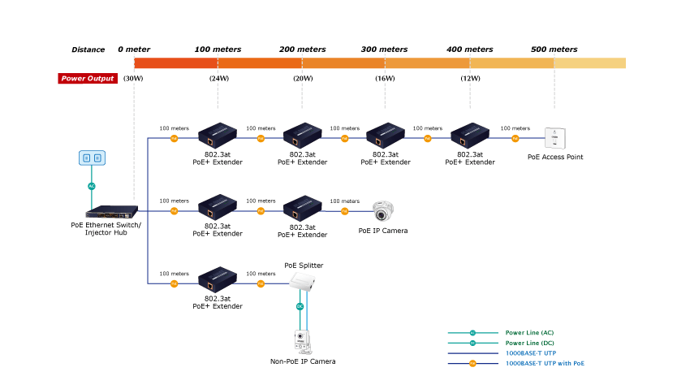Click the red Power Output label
pyautogui.click(x=88, y=79)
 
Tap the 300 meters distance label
pyautogui.click(x=384, y=50)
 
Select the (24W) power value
pyautogui.click(x=218, y=79)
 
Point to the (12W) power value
pyautogui.click(x=470, y=79)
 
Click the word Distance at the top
pyautogui.click(x=88, y=50)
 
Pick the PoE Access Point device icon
pyautogui.click(x=555, y=138)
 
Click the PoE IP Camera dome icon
pyautogui.click(x=383, y=211)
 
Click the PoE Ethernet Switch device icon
pyautogui.click(x=106, y=212)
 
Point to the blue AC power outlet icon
pyautogui.click(x=92, y=158)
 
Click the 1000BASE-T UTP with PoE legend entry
pyautogui.click(x=545, y=363)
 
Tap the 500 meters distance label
pyautogui.click(x=554, y=50)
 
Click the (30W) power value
pyautogui.click(x=133, y=79)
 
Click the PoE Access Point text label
pyautogui.click(x=555, y=157)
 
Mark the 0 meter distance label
pyautogui.click(x=134, y=50)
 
